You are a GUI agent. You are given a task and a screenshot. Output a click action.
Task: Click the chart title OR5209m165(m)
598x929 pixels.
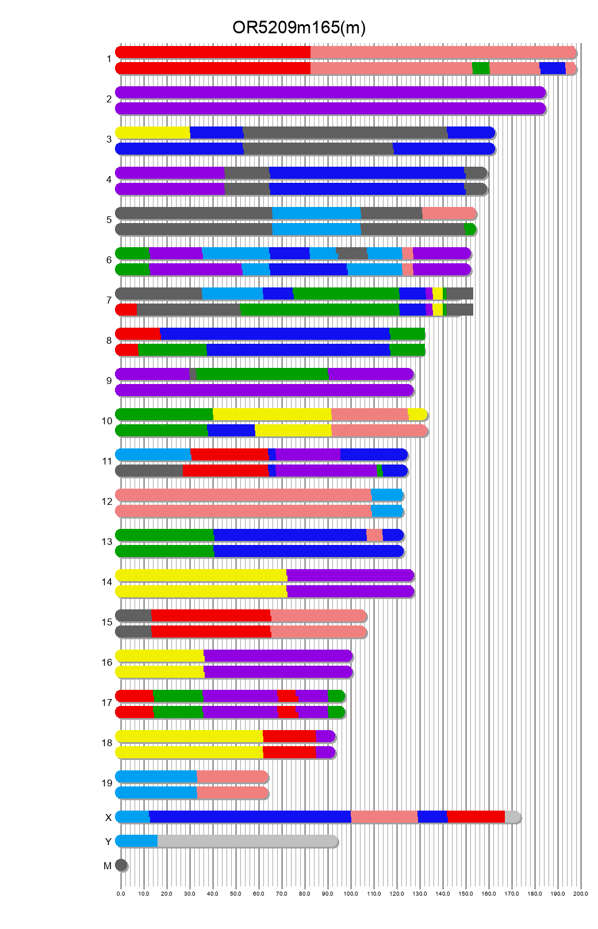(x=298, y=28)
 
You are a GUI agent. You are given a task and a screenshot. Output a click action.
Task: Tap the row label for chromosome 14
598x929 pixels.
(x=107, y=582)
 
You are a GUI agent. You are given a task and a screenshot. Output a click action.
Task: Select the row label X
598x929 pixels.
(x=108, y=818)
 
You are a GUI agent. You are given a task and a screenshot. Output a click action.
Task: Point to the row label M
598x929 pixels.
(x=108, y=866)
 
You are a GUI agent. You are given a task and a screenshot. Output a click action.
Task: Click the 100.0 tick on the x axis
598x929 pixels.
(x=351, y=894)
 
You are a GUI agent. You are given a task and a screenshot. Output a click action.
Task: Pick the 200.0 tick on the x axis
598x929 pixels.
(x=581, y=894)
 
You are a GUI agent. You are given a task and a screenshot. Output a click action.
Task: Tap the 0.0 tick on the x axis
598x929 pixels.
(x=121, y=894)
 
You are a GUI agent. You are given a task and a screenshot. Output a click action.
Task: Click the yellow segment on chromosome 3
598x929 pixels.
(x=153, y=133)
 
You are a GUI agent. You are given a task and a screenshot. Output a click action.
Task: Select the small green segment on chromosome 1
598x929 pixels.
(x=481, y=68)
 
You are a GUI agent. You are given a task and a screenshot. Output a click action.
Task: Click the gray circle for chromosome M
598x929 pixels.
(x=121, y=865)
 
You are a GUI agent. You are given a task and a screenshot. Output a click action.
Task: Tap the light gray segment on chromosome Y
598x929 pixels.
(x=247, y=841)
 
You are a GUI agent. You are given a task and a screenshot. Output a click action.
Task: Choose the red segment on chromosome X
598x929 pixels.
(x=476, y=817)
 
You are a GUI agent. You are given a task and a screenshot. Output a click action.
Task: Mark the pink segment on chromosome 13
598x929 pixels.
(x=374, y=535)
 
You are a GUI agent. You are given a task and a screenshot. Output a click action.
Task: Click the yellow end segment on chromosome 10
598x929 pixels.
(x=417, y=414)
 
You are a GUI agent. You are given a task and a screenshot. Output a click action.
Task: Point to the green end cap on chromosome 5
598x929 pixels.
(x=470, y=229)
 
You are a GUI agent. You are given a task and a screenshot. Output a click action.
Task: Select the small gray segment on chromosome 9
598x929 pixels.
(x=193, y=374)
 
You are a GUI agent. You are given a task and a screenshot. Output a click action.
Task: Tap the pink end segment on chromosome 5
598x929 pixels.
(x=448, y=213)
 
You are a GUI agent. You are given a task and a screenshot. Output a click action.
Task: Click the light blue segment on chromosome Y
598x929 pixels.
(x=137, y=841)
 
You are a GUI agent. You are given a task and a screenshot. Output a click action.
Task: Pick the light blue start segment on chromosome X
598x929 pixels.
(x=133, y=817)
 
